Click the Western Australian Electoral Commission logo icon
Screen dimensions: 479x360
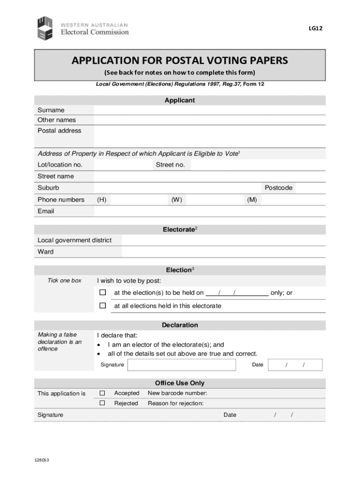[x=47, y=28]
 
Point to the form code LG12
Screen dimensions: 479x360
[x=315, y=28]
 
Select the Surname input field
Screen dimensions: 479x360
[x=209, y=110]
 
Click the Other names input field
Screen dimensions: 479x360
[x=209, y=120]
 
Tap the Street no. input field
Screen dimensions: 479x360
[x=258, y=165]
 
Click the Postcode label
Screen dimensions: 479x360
[x=278, y=188]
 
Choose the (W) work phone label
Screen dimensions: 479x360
[x=176, y=200]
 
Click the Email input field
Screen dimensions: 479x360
[x=209, y=211]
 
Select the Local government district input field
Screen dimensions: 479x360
[x=223, y=240]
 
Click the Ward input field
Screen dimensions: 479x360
[x=223, y=252]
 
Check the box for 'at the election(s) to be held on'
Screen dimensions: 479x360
[x=102, y=293]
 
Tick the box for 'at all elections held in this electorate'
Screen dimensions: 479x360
[x=102, y=306]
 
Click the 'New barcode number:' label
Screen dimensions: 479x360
[x=177, y=393]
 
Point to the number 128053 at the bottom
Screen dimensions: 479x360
[x=42, y=460]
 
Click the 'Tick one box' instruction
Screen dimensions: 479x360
[x=65, y=281]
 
